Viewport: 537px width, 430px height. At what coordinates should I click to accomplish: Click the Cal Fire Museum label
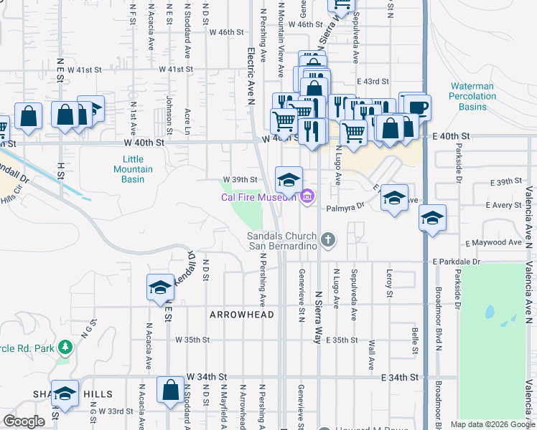coord(259,195)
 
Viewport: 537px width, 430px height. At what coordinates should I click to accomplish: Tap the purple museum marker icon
coord(308,195)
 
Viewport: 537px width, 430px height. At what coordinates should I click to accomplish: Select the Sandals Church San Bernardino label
coord(283,241)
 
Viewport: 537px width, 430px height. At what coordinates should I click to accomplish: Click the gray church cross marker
coord(329,239)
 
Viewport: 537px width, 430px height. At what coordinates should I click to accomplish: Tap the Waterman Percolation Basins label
coord(472,96)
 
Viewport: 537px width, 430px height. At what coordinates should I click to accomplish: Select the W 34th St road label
coord(207,376)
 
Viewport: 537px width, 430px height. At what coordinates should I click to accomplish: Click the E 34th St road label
coord(401,377)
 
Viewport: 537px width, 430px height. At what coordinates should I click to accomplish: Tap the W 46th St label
coord(227,32)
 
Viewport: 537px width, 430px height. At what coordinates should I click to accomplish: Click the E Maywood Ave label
coord(493,243)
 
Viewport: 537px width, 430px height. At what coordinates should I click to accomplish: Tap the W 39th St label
coord(240,179)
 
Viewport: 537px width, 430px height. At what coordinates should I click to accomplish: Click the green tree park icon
coord(65,348)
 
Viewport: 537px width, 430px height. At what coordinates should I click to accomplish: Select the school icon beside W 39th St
coord(289,180)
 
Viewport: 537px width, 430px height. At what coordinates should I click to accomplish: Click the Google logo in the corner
coord(24,421)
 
